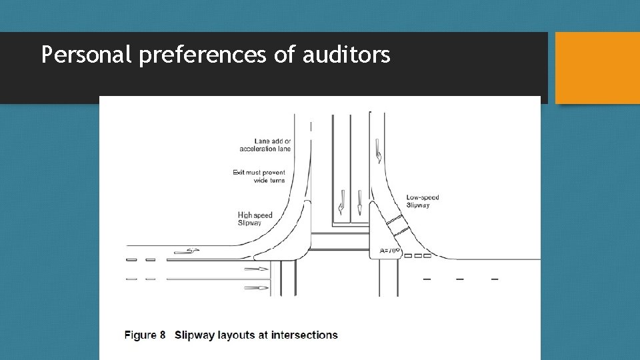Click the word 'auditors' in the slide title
click(346, 55)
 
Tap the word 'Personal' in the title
click(86, 55)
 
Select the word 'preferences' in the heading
click(203, 55)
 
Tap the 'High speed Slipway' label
click(255, 219)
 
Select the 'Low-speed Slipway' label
click(423, 201)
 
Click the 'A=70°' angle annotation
click(389, 251)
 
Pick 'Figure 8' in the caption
click(145, 335)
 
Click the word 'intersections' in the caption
click(305, 335)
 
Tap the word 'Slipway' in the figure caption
click(195, 335)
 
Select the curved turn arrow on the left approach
click(187, 251)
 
